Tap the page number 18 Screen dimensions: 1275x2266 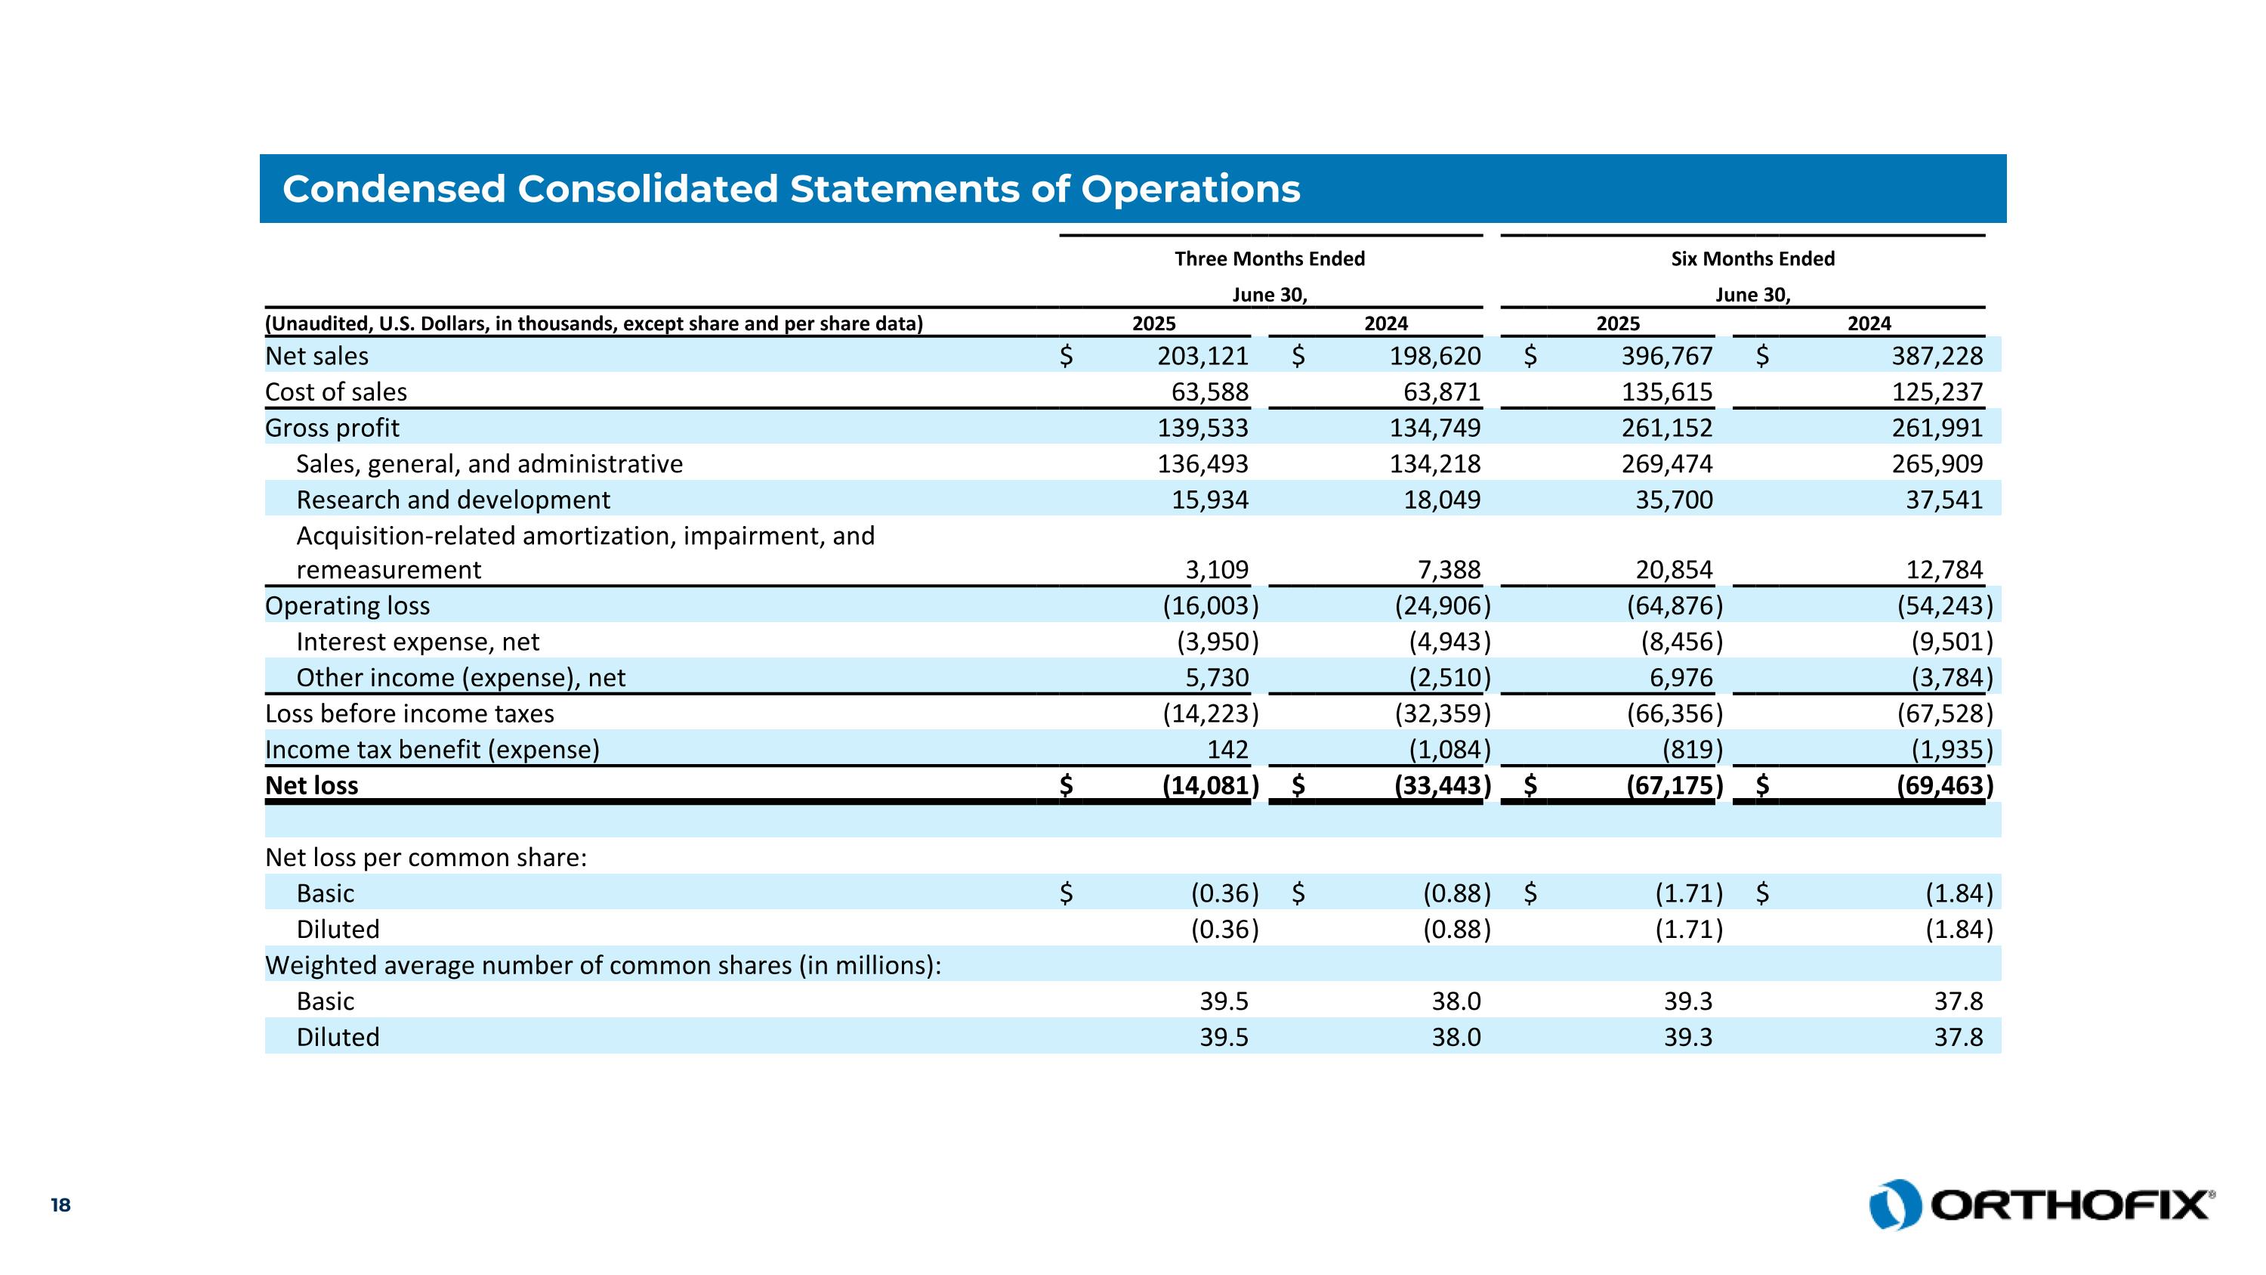(60, 1205)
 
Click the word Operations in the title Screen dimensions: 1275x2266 (1190, 189)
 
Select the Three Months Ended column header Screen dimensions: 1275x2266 (1270, 258)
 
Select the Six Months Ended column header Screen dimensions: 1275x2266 (1752, 258)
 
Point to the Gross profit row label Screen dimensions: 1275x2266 (332, 428)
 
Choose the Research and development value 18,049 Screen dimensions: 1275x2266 (1442, 500)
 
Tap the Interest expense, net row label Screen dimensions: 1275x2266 (418, 642)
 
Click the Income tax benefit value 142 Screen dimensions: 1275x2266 (1227, 750)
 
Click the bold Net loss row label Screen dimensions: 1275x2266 (312, 785)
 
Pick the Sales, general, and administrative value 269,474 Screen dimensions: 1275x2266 (1667, 464)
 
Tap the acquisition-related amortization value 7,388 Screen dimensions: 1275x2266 (1449, 570)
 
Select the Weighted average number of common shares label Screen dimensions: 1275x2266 (604, 965)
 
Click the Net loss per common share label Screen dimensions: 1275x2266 (426, 857)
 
